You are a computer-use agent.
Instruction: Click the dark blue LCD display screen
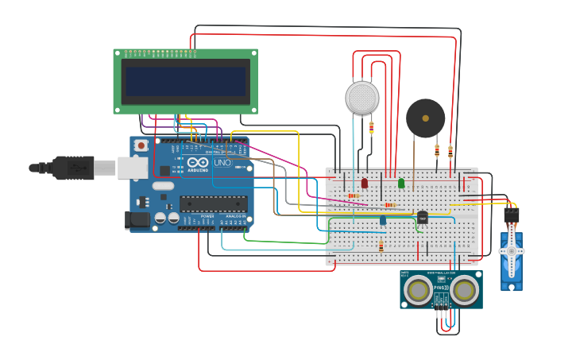click(x=186, y=81)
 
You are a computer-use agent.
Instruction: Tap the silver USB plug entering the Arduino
click(x=106, y=168)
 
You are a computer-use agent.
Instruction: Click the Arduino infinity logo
click(x=198, y=163)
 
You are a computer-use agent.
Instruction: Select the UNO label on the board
click(x=222, y=163)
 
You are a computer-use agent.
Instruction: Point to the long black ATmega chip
click(x=213, y=204)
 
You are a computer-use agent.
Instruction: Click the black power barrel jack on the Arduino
click(x=137, y=220)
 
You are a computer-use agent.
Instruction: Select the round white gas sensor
click(x=362, y=98)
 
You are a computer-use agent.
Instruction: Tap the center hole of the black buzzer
click(x=426, y=118)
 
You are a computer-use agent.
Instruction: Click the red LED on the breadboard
click(x=365, y=183)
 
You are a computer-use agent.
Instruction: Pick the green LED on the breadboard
click(x=401, y=183)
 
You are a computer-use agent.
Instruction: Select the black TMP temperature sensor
click(x=422, y=217)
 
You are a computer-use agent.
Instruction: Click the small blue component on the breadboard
click(x=383, y=219)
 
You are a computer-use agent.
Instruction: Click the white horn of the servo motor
click(x=512, y=251)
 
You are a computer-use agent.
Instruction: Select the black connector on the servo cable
click(x=512, y=215)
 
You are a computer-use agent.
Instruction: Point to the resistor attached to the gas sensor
click(x=371, y=127)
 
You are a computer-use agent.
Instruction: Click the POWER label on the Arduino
click(x=207, y=216)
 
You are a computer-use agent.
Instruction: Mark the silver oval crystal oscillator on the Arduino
click(x=163, y=186)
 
